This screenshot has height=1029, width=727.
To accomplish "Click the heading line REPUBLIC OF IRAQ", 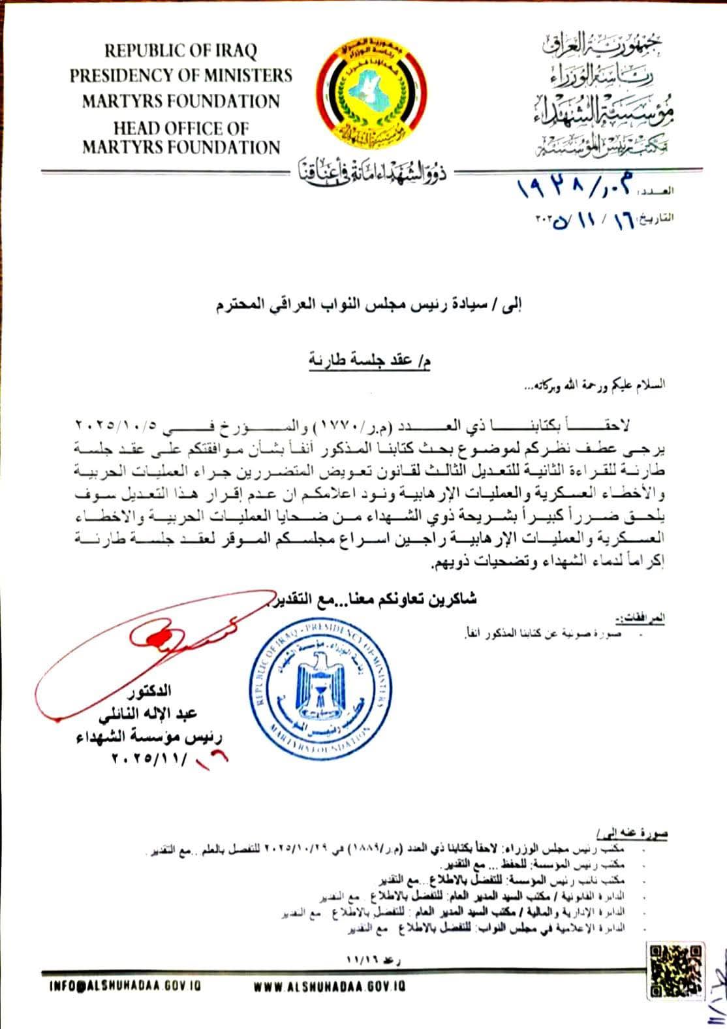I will click(x=181, y=50).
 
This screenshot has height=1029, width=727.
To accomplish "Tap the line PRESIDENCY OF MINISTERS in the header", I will click(x=181, y=76).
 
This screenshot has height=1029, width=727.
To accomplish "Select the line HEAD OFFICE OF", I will click(x=181, y=127).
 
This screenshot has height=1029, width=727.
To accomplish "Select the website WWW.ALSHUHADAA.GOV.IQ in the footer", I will click(x=330, y=985).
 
